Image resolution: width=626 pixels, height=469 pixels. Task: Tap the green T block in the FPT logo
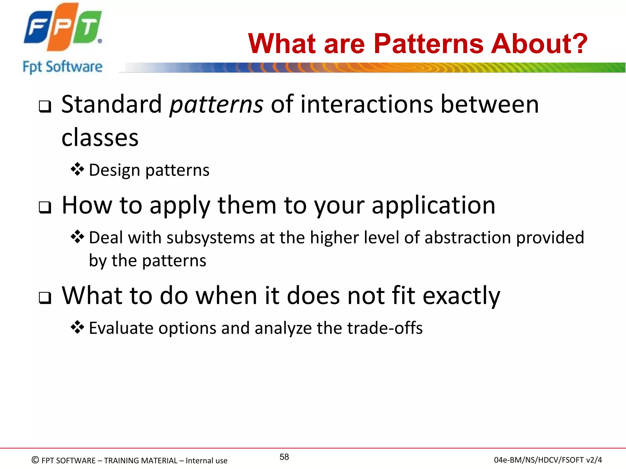pos(88,27)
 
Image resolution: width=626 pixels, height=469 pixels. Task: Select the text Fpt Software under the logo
pos(63,67)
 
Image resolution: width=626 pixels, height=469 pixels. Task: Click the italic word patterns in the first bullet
pos(216,105)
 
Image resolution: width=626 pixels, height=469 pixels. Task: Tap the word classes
pos(100,138)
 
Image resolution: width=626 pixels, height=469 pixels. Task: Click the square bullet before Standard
pos(45,107)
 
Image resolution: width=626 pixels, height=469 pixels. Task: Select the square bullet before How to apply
pos(45,208)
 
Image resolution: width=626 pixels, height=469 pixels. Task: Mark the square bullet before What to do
pos(45,298)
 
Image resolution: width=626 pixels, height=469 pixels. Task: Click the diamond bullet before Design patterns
pos(77,169)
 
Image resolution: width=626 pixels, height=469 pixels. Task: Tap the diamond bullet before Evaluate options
pos(77,327)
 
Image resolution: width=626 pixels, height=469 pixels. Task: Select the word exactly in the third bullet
pos(462,296)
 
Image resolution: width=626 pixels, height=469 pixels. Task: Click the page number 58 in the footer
pos(284,457)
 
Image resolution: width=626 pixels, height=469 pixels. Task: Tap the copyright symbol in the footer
pos(35,460)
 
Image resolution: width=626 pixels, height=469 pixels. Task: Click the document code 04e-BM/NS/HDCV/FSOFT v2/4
pos(548,460)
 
